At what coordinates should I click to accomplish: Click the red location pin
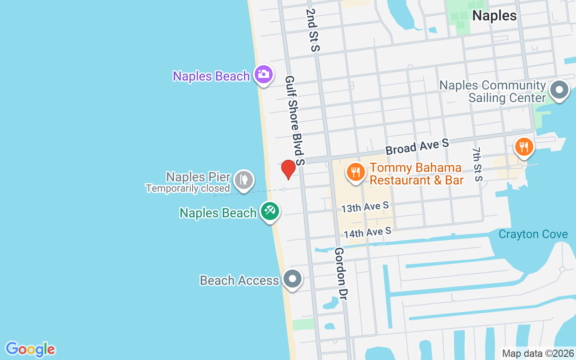288,169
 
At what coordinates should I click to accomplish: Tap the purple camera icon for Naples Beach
264,74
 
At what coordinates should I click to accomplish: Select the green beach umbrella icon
270,211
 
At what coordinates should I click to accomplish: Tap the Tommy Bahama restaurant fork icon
355,172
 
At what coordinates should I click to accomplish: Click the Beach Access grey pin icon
293,279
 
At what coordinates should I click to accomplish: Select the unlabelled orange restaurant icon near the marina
524,147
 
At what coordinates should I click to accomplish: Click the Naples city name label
494,16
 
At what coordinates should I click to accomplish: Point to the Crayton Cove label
533,234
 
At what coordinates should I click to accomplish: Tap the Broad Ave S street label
417,147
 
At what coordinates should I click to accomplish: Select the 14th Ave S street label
367,233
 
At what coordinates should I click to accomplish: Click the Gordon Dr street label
340,273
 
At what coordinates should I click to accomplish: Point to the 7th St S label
477,164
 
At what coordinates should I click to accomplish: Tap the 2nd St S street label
312,30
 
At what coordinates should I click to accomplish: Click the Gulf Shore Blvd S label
295,120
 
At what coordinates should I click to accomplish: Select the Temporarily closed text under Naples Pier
188,189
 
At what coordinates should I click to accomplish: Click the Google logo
31,349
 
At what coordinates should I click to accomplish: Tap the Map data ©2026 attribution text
538,353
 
